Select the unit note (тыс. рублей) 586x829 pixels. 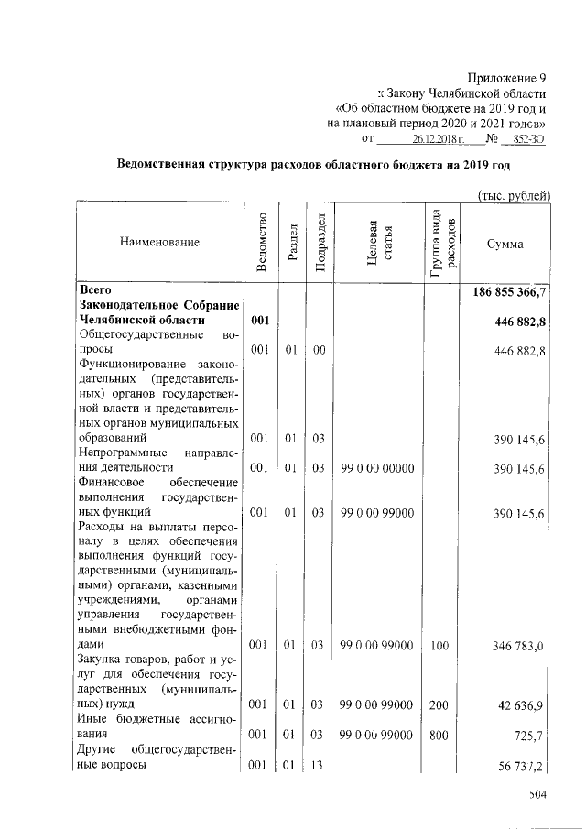(515, 194)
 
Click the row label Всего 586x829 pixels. (96, 289)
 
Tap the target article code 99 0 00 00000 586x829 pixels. (376, 468)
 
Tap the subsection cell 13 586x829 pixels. (319, 763)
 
